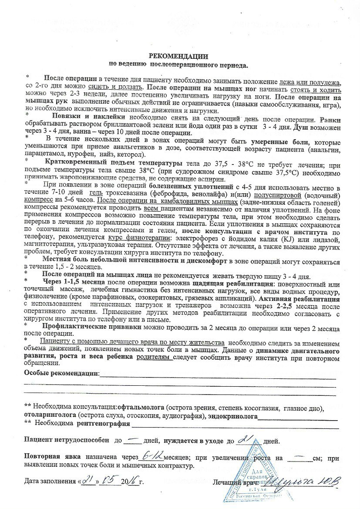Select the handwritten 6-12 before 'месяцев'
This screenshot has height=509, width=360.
pos(152,457)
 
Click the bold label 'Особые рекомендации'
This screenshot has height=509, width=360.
pos(61,373)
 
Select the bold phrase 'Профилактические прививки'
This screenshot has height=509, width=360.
pos(83,325)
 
